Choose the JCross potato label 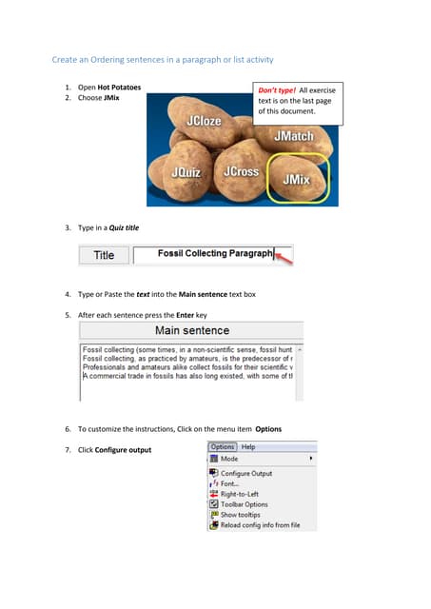click(241, 172)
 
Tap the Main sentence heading click(191, 331)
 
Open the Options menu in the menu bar click(222, 446)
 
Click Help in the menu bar click(248, 446)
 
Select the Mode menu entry click(230, 458)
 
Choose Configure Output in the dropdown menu click(245, 473)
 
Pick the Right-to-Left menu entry click(241, 494)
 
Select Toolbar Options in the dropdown click(244, 504)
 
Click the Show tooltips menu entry click(242, 515)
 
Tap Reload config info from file click(260, 525)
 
